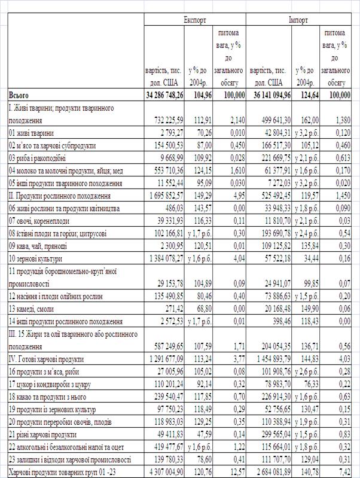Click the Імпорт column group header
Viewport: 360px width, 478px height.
tap(299, 20)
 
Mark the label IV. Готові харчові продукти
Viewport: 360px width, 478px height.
tap(46, 359)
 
